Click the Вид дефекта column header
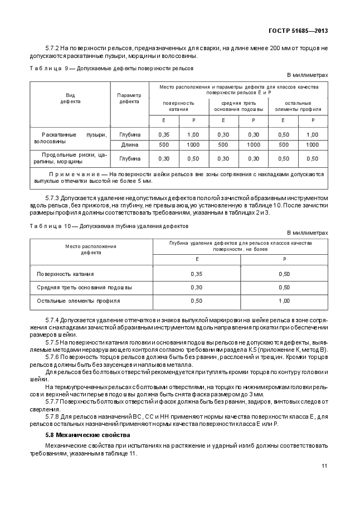coord(70,98)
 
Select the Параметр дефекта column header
coord(129,98)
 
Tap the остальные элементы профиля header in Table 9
coord(298,106)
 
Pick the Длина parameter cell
coord(129,145)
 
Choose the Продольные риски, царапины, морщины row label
coord(70,158)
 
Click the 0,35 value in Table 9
coord(164,135)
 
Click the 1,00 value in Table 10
coord(284,300)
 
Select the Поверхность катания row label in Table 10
coord(65,274)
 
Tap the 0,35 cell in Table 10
coord(196,274)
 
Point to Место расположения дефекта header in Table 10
coord(90,249)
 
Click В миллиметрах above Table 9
coord(307,75)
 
